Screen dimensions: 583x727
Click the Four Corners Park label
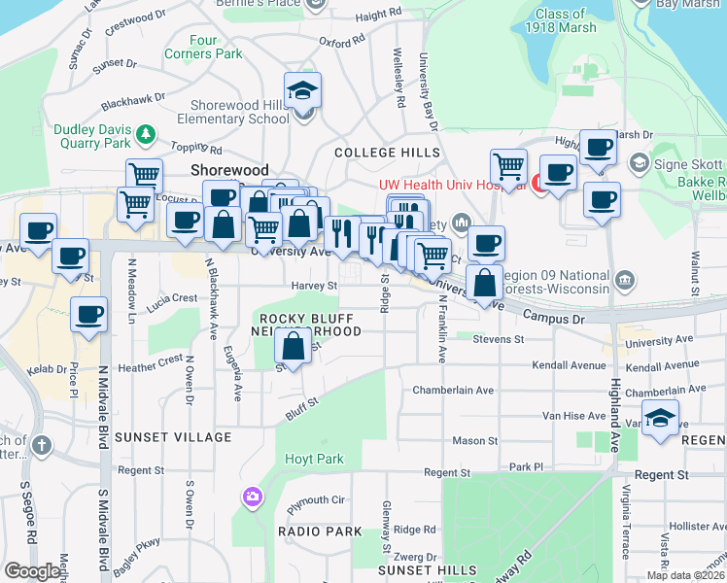click(x=203, y=48)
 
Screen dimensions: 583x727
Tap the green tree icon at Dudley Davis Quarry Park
click(x=145, y=131)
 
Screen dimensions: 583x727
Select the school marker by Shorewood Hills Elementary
click(x=304, y=92)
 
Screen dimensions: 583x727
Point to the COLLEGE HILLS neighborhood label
click(x=387, y=153)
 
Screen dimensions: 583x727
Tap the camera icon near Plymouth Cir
click(x=252, y=497)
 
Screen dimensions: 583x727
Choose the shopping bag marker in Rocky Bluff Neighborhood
click(x=293, y=345)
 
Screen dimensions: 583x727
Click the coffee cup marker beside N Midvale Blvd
click(x=88, y=315)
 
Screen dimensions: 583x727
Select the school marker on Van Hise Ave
click(x=660, y=418)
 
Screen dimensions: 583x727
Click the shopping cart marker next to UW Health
click(x=508, y=167)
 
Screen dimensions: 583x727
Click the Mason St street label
click(x=474, y=441)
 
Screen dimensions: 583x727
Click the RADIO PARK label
click(x=320, y=532)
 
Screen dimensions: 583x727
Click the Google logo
click(x=33, y=571)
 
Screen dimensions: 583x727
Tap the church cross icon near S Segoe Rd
click(x=41, y=446)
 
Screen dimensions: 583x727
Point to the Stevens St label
click(x=498, y=339)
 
